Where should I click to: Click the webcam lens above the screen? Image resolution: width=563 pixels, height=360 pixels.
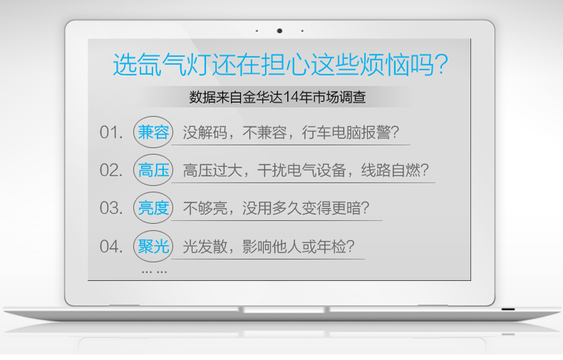point(279,31)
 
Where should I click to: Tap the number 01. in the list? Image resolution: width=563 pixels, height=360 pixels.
point(111,133)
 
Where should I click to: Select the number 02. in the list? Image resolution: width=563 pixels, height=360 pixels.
point(111,170)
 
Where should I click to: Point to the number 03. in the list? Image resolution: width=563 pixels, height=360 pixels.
point(111,208)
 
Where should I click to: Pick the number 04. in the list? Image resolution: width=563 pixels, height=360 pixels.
point(111,247)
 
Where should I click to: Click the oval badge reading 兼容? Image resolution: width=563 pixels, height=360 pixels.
point(153,132)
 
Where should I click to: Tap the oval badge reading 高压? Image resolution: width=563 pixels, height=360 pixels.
point(153,170)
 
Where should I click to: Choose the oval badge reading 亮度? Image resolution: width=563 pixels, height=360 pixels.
point(153,208)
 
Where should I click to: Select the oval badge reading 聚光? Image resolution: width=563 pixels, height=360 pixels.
point(153,247)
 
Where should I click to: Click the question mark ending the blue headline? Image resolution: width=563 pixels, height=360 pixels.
point(441,64)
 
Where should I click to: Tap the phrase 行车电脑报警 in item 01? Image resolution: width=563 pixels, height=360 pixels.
point(346,133)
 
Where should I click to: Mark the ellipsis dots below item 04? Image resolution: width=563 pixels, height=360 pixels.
point(154,272)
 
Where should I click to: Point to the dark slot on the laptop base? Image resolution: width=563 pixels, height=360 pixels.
point(507,309)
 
